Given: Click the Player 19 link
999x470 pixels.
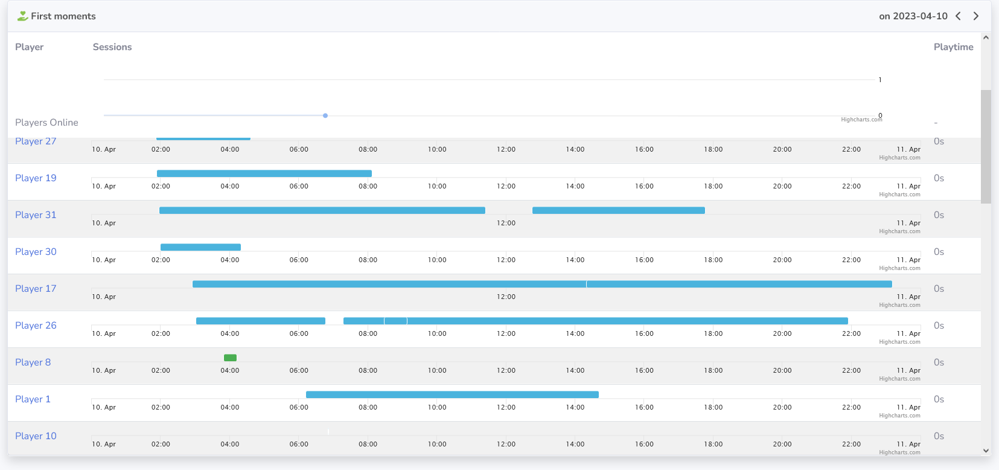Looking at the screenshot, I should [x=36, y=178].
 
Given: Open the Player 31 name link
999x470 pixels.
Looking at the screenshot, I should [x=36, y=215].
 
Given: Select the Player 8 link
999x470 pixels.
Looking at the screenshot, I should [x=33, y=362].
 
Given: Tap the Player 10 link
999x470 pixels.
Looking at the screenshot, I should [x=36, y=436].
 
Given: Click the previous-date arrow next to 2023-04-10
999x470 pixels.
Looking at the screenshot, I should [x=958, y=16].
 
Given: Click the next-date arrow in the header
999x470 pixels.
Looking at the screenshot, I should [x=976, y=16].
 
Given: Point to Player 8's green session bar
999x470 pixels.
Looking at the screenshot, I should [x=230, y=358].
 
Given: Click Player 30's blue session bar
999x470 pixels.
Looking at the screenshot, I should [x=200, y=247].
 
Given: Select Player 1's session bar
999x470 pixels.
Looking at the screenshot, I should [x=452, y=394].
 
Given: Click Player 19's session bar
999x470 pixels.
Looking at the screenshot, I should [x=264, y=173].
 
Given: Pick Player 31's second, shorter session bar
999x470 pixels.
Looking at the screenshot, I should [x=618, y=210].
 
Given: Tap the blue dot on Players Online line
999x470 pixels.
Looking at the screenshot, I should [x=325, y=115].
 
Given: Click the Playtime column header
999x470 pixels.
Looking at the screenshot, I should [x=953, y=47].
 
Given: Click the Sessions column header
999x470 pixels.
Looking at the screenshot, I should [x=112, y=47].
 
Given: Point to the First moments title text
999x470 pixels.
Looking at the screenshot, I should [x=63, y=16].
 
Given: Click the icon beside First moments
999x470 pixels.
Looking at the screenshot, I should [x=22, y=16].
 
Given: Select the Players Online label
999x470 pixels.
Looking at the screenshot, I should [x=46, y=123].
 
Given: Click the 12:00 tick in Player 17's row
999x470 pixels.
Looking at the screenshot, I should [x=506, y=297].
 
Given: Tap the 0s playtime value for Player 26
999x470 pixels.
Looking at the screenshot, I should [x=939, y=326].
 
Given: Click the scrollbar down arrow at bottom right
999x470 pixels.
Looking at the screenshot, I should [x=986, y=451].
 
